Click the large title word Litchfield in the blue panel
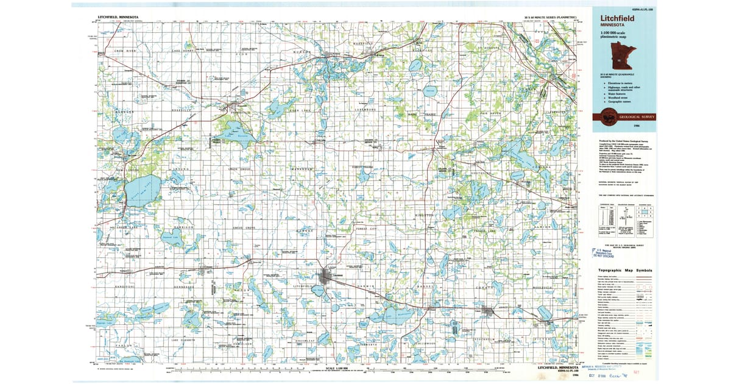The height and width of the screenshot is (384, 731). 617,18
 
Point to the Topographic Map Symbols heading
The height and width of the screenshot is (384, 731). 625,270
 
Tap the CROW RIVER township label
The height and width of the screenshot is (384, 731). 125,51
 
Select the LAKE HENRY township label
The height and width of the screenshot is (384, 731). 182,51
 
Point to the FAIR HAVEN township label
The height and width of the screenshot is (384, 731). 490,113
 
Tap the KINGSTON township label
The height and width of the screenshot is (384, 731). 425,215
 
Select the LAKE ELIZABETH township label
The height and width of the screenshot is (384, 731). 183,339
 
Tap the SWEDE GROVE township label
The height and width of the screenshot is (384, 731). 242,227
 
